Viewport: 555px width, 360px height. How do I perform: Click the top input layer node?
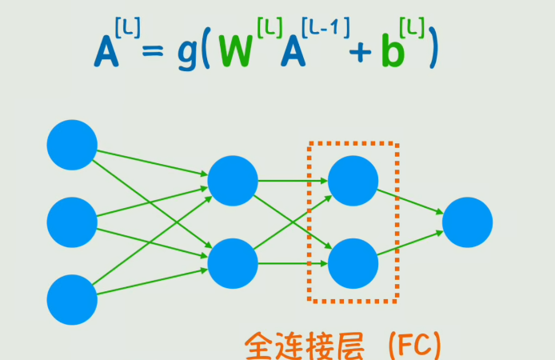[x=72, y=144]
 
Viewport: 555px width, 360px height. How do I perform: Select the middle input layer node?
[x=72, y=222]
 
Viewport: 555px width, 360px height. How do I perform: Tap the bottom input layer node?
[x=72, y=299]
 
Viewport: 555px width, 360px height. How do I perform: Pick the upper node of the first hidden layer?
[x=233, y=180]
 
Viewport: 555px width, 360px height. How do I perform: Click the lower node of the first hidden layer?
[x=233, y=263]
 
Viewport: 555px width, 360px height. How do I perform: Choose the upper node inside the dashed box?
[x=353, y=180]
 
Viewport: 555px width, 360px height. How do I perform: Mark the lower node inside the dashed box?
[x=353, y=263]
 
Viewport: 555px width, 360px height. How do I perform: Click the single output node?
[x=467, y=222]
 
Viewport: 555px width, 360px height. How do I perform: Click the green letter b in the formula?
[x=391, y=52]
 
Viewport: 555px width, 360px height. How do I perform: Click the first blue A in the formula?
[x=106, y=52]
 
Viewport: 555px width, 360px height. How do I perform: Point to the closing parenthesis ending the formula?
[x=434, y=50]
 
